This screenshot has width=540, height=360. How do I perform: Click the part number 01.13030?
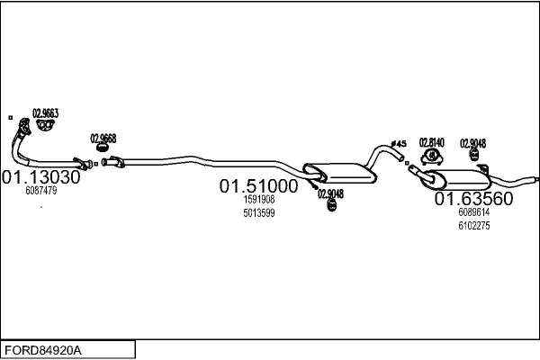[x=41, y=177]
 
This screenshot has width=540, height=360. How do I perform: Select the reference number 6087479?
[x=41, y=191]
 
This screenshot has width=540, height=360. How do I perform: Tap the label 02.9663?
[x=46, y=113]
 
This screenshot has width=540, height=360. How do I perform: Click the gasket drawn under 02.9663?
[x=46, y=125]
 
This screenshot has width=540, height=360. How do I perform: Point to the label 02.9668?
[x=103, y=139]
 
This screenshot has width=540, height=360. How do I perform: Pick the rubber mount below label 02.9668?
[x=103, y=148]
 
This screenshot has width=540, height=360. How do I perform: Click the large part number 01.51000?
[x=258, y=186]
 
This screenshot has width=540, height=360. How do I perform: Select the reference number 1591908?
[x=259, y=199]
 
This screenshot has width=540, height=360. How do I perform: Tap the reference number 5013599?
[x=259, y=213]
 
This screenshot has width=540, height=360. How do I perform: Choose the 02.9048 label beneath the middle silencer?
[x=330, y=194]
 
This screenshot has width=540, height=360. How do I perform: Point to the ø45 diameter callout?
[x=399, y=144]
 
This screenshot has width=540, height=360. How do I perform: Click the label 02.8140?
[x=431, y=142]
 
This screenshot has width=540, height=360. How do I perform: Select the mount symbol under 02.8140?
[x=431, y=157]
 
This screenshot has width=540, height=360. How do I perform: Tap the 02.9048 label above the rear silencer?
[x=472, y=143]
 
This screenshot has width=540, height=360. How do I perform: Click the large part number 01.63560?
[x=474, y=199]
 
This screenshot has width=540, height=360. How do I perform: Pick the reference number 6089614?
[x=474, y=211]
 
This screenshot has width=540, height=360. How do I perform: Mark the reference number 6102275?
[x=474, y=226]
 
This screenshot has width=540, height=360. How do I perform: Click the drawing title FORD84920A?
[x=43, y=350]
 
